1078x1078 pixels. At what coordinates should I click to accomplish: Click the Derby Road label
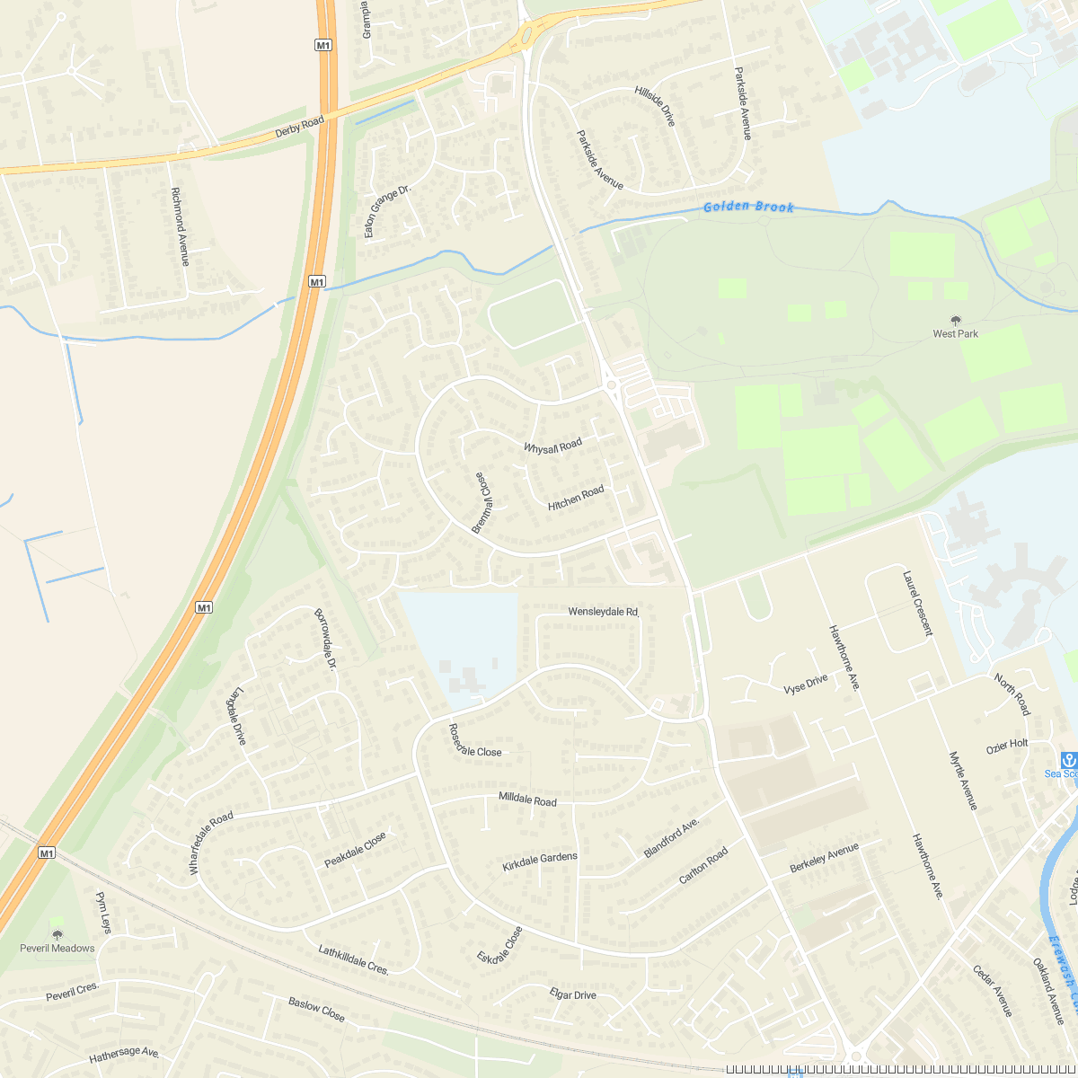(299, 127)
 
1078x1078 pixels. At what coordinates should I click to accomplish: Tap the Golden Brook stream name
(748, 208)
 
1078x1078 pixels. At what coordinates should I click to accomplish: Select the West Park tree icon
(955, 320)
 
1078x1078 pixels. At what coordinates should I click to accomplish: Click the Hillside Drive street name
(654, 105)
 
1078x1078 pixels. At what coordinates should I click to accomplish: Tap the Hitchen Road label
(576, 499)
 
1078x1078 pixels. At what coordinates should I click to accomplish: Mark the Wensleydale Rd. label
(603, 612)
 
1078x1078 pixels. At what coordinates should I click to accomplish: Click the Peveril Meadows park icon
(57, 934)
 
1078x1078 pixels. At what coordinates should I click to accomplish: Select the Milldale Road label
(527, 800)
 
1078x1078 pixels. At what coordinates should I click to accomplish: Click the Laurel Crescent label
(917, 603)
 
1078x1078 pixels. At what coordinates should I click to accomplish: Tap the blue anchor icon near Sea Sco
(1068, 759)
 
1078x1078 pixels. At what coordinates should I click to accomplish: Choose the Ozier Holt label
(1007, 745)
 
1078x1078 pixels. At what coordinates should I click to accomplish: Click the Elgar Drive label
(572, 994)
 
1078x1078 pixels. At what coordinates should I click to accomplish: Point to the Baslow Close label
(316, 1009)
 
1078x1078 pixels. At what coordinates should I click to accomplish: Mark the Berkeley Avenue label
(824, 858)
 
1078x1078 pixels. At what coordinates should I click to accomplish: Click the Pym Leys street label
(103, 913)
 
